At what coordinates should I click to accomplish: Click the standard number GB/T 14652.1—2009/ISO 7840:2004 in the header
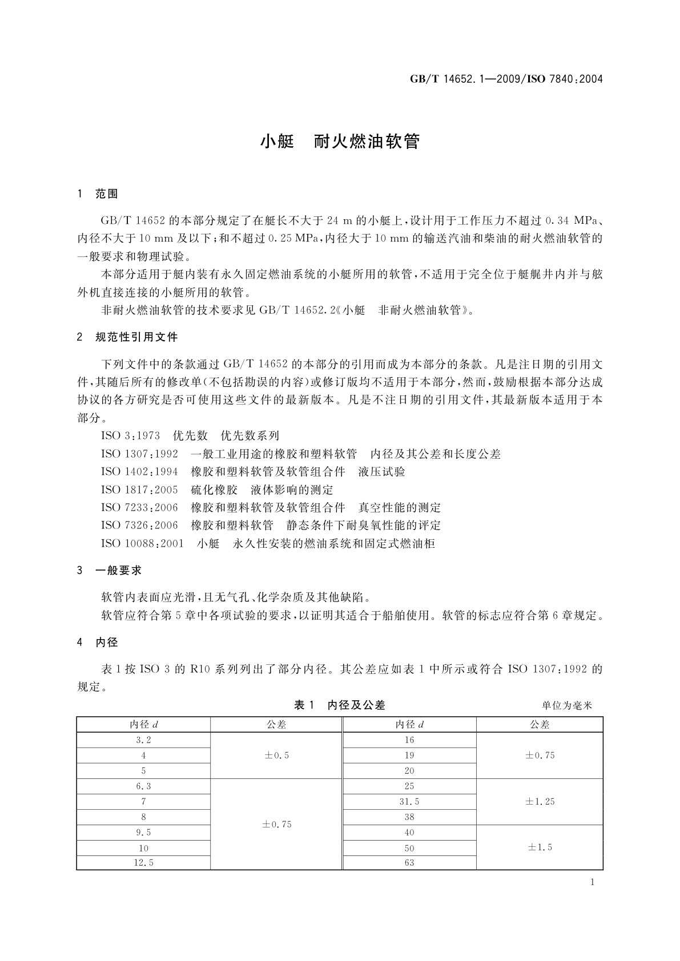(506, 79)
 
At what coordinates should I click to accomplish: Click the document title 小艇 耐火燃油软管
(340, 142)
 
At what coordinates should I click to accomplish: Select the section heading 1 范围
(98, 194)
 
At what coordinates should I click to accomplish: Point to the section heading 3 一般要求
(110, 570)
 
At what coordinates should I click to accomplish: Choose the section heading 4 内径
(98, 642)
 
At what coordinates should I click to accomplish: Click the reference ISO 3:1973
(131, 436)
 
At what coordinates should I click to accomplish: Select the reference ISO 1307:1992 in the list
(139, 454)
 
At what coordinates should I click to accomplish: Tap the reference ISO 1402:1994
(139, 472)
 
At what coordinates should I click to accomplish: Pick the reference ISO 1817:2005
(139, 490)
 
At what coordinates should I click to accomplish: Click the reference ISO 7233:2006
(139, 507)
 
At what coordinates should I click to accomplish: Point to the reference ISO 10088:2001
(142, 543)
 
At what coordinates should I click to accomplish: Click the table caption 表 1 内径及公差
(339, 705)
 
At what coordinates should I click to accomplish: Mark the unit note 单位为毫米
(567, 706)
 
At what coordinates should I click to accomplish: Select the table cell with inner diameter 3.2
(143, 740)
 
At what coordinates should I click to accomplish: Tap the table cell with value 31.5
(409, 802)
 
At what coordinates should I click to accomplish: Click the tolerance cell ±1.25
(540, 802)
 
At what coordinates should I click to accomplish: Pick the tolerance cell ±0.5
(276, 756)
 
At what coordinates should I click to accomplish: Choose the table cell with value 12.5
(143, 863)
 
